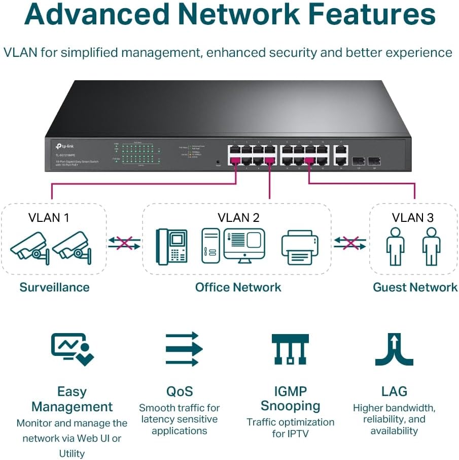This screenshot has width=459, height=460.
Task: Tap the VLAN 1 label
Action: tap(49, 218)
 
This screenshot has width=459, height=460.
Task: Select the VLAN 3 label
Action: tap(413, 218)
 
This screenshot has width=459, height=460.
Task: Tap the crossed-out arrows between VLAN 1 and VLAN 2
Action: tap(124, 242)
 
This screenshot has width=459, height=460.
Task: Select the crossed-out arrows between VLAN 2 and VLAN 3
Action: tap(349, 242)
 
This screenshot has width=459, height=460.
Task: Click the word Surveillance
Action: tap(54, 287)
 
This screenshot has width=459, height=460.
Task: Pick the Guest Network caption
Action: tap(415, 287)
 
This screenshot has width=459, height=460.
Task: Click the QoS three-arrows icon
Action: tap(184, 349)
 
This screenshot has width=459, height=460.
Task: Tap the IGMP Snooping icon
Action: tap(290, 349)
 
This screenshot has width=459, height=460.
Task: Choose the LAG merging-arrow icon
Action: tap(394, 349)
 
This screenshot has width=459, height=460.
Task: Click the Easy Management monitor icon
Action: tap(73, 349)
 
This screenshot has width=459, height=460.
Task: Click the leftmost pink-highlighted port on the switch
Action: tap(235, 161)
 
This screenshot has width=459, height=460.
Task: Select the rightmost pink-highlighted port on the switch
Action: tap(309, 161)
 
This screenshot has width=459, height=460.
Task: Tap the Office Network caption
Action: tap(238, 287)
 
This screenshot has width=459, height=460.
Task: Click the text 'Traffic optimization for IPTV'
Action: tap(290, 428)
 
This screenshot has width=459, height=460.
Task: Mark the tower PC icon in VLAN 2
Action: tap(210, 246)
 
